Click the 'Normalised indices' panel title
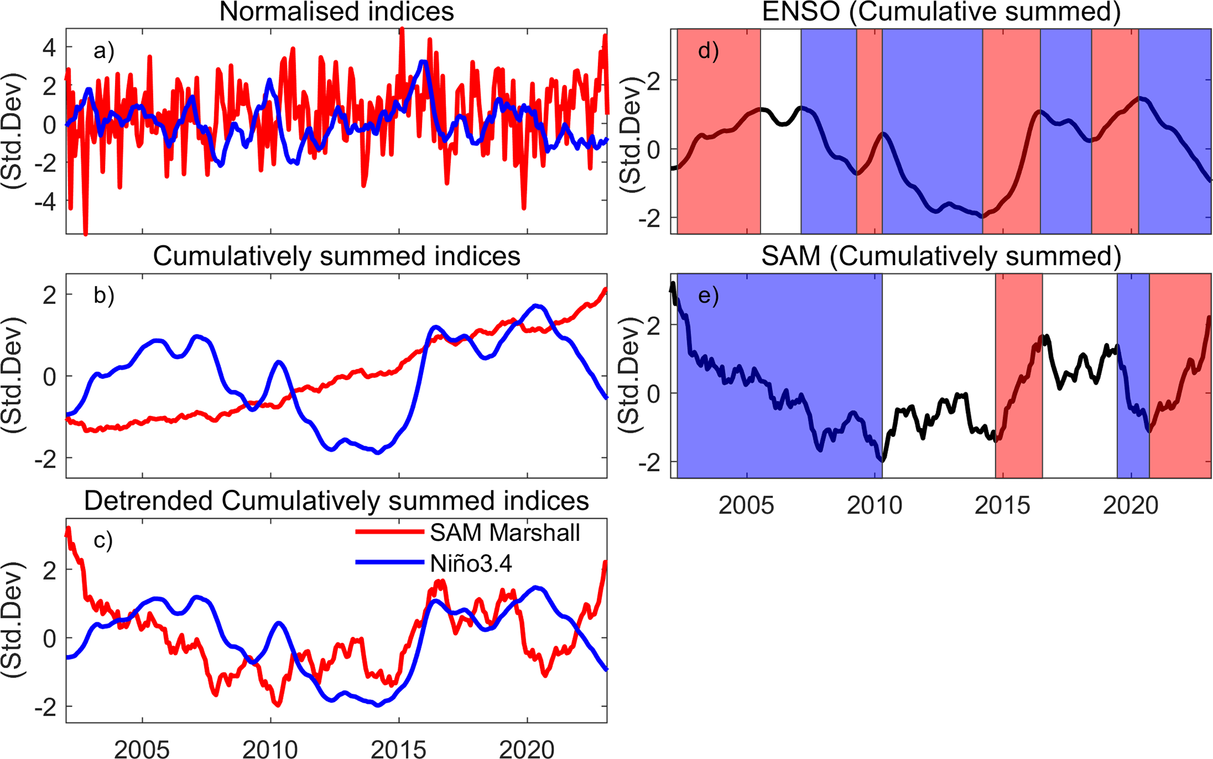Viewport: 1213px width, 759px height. pyautogui.click(x=336, y=12)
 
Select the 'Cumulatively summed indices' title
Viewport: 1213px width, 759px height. pyautogui.click(x=336, y=256)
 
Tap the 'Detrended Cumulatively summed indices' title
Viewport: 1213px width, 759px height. pyautogui.click(x=336, y=501)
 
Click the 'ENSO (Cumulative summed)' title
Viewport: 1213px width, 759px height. pyautogui.click(x=941, y=12)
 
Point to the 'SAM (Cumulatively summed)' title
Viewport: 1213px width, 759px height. pyautogui.click(x=941, y=256)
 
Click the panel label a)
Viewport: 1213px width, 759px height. pyautogui.click(x=104, y=52)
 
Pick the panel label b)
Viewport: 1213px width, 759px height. pyautogui.click(x=104, y=296)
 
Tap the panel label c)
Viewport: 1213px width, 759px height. pyautogui.click(x=103, y=540)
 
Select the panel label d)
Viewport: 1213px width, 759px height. pyautogui.click(x=708, y=52)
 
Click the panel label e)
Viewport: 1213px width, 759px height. pyautogui.click(x=708, y=296)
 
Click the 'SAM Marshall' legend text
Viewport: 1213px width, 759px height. pyautogui.click(x=505, y=533)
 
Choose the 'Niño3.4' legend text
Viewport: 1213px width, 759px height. pyautogui.click(x=471, y=564)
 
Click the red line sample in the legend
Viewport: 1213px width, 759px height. pyautogui.click(x=390, y=532)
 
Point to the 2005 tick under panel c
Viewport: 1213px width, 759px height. pyautogui.click(x=142, y=749)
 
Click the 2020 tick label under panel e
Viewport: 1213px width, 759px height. pyautogui.click(x=1130, y=505)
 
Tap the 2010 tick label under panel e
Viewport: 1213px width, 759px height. pyautogui.click(x=874, y=505)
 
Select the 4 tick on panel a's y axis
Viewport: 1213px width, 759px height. pyautogui.click(x=49, y=48)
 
